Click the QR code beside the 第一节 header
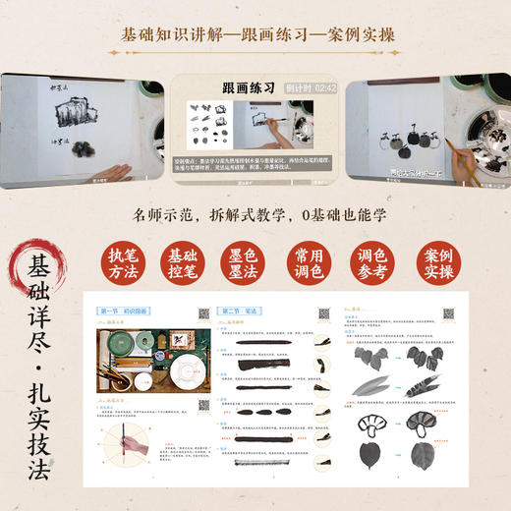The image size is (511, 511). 204,313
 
